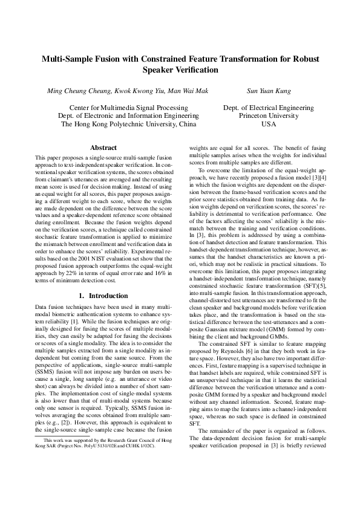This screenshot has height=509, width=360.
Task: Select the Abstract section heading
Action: click(x=103, y=147)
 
